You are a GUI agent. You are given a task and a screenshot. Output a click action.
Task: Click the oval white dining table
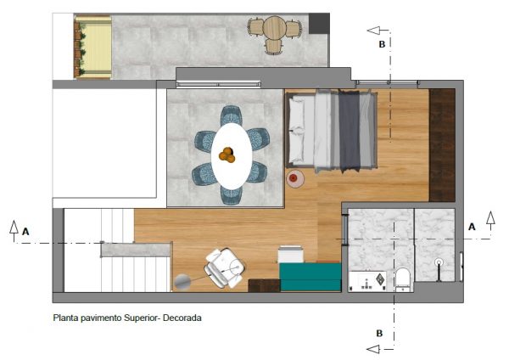click(232, 156)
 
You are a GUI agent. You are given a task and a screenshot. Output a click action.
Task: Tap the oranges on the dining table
click(227, 155)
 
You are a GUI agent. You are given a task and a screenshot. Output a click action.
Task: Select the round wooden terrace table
click(274, 28)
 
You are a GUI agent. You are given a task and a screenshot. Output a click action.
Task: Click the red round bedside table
click(294, 178)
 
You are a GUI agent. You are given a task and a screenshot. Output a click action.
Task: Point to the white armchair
click(224, 268)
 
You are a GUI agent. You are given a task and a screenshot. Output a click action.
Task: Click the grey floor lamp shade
click(182, 282)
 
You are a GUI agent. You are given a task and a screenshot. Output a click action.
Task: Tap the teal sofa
click(310, 277)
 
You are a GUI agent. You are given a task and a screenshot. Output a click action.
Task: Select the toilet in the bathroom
click(403, 279)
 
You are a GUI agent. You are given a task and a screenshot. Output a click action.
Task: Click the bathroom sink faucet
click(366, 284)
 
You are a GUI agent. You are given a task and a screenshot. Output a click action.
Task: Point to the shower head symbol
click(439, 262)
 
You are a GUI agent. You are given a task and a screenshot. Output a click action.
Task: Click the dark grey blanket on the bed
click(350, 131)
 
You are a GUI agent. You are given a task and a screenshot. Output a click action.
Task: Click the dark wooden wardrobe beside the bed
click(442, 145)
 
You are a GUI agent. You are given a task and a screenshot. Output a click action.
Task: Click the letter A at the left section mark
click(25, 232)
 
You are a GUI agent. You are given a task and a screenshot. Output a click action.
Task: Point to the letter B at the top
click(382, 44)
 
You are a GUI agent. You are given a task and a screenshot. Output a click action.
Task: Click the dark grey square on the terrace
click(319, 24)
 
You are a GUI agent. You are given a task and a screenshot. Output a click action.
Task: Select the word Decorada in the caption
click(182, 318)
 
